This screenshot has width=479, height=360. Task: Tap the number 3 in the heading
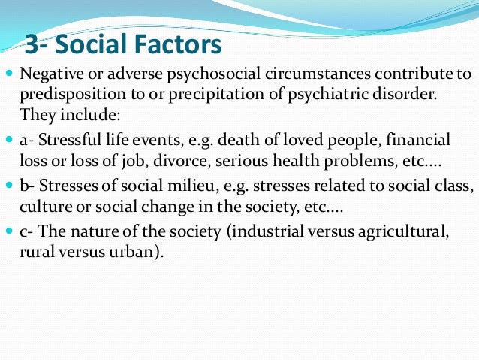[32, 44]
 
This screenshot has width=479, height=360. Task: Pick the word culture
[42, 206]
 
